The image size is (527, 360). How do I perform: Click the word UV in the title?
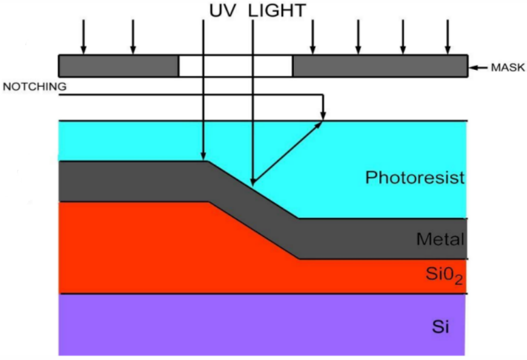click(x=222, y=10)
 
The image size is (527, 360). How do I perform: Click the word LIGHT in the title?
click(x=277, y=10)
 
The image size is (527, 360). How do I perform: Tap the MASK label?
click(x=508, y=67)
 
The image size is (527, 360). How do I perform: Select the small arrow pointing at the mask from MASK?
click(x=479, y=67)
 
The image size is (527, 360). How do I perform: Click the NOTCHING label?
click(x=35, y=87)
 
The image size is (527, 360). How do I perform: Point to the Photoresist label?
click(x=415, y=177)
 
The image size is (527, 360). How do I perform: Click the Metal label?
click(x=440, y=239)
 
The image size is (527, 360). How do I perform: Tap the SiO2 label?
click(x=445, y=275)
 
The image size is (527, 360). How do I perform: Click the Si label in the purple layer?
click(x=440, y=326)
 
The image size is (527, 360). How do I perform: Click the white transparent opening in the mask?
click(x=236, y=66)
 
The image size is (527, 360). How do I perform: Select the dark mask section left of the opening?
click(x=119, y=66)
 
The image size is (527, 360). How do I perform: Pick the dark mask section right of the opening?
click(x=380, y=66)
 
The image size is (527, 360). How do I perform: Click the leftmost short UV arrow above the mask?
click(x=84, y=36)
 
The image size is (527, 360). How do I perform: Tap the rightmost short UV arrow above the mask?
click(x=448, y=36)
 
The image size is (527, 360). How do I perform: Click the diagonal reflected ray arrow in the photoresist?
click(x=287, y=153)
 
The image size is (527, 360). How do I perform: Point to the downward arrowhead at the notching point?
click(x=323, y=115)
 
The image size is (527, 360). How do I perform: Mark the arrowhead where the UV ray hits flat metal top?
click(x=203, y=156)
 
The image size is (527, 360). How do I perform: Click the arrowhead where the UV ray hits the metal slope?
click(x=253, y=181)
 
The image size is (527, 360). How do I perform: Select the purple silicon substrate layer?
click(x=262, y=325)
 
